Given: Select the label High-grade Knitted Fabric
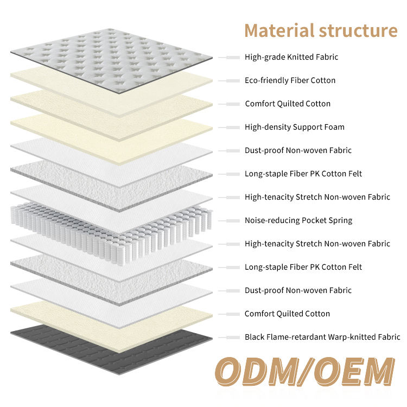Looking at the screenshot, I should click(x=291, y=57).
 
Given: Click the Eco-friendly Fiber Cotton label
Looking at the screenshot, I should click(x=290, y=80).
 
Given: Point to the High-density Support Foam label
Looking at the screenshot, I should click(x=294, y=127).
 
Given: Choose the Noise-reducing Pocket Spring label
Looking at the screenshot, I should click(x=298, y=220).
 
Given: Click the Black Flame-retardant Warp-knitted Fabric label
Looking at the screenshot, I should click(x=322, y=337).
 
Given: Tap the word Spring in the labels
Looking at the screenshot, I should click(x=340, y=220).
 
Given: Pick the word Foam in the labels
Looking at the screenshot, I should click(x=333, y=127).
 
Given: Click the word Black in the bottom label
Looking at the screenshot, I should click(x=255, y=337).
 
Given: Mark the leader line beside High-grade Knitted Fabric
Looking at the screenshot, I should click(x=230, y=57).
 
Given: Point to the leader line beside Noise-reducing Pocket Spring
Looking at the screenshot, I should click(x=230, y=220).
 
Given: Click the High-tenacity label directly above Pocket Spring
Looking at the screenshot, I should click(x=317, y=197).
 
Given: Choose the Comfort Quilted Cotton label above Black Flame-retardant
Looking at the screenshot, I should click(x=287, y=314).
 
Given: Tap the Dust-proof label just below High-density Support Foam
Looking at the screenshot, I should click(x=298, y=150).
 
